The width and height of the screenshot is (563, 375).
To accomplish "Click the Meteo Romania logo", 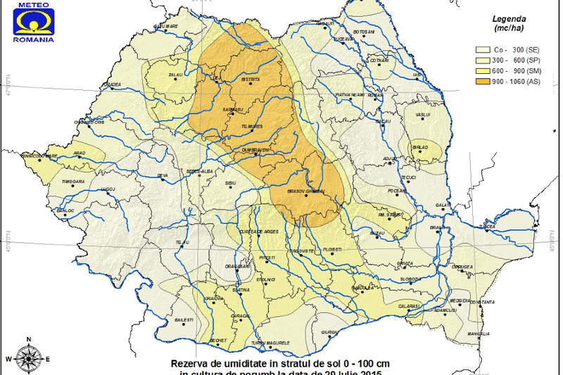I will pos(32,21).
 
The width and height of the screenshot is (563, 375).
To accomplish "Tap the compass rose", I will pos(27,357).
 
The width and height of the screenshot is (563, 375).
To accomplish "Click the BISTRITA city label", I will pos(251,80).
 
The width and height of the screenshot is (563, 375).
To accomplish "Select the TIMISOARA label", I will pos(72,182).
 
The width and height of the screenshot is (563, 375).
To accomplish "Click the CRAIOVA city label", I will pos(214,298).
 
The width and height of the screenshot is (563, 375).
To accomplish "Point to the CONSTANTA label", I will pos(481,302).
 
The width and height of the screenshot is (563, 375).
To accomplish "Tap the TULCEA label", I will pos(488,227).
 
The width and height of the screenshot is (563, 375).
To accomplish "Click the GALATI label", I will pos(443,205).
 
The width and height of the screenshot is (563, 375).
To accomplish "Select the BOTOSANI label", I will pos(363,32).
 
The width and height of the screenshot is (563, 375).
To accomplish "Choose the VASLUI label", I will pos(423,114).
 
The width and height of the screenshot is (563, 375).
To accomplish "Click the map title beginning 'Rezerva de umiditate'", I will pos(279,363).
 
